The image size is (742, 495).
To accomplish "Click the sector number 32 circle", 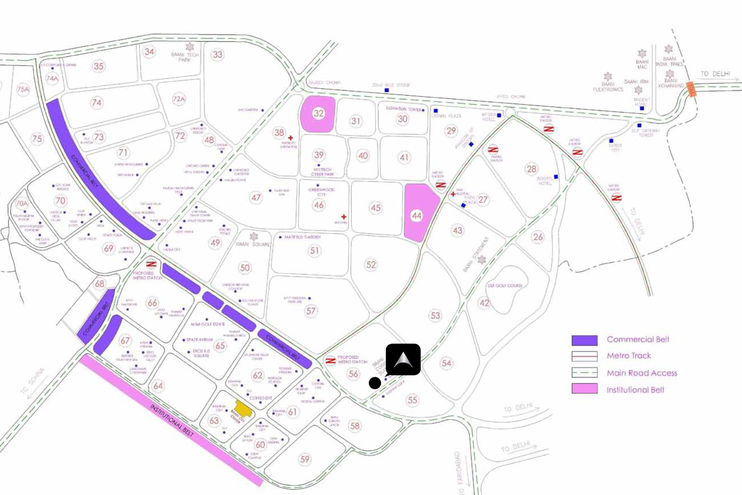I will pyautogui.click(x=318, y=113).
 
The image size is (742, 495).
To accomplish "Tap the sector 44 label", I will pyautogui.click(x=417, y=215).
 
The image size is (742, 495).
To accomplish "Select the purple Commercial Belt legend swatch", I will pyautogui.click(x=584, y=340).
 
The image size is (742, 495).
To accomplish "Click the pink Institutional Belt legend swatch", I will pyautogui.click(x=584, y=389).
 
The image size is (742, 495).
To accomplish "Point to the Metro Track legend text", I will pyautogui.click(x=629, y=356).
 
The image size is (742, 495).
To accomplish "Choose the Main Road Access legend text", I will pyautogui.click(x=642, y=373).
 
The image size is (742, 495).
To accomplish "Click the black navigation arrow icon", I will pyautogui.click(x=403, y=359).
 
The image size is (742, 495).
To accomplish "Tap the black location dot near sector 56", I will pyautogui.click(x=375, y=383).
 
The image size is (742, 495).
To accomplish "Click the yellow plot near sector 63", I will pyautogui.click(x=243, y=409).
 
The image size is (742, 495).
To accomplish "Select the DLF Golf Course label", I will pyautogui.click(x=505, y=286).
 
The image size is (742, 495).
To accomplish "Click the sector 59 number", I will pyautogui.click(x=305, y=459).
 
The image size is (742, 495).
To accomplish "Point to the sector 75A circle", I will pyautogui.click(x=23, y=90).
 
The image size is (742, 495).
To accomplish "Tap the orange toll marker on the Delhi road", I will pyautogui.click(x=691, y=90).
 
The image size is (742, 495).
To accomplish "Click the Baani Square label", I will pyautogui.click(x=253, y=244).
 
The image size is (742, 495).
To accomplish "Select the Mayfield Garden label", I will pyautogui.click(x=302, y=237).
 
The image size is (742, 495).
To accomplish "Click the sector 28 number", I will pyautogui.click(x=531, y=169).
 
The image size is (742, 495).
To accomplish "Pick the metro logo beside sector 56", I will pyautogui.click(x=330, y=360).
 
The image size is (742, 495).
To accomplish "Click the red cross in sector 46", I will pyautogui.click(x=344, y=217).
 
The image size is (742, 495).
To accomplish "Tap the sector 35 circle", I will pyautogui.click(x=98, y=66).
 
